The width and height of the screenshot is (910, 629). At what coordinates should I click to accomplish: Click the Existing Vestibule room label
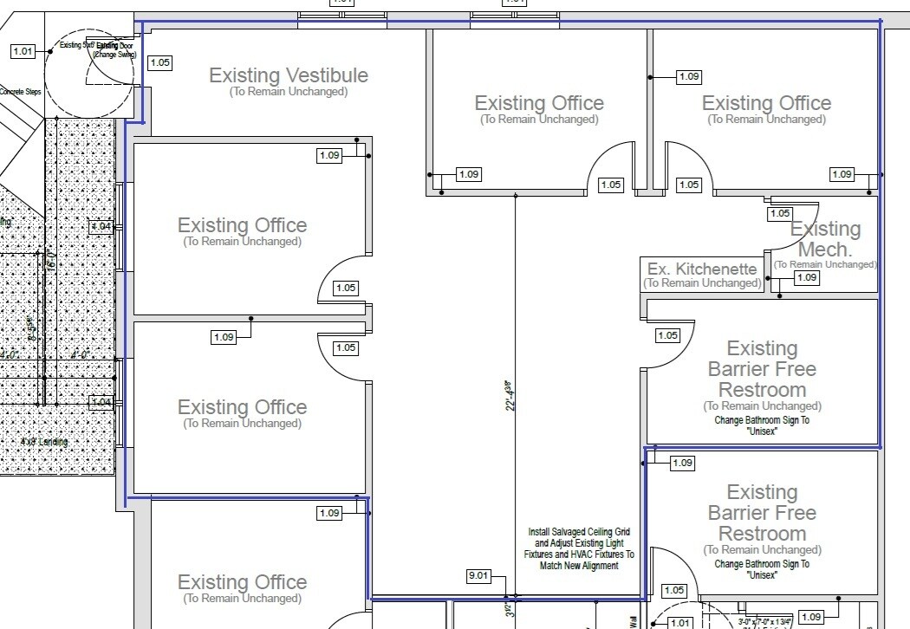tap(289, 75)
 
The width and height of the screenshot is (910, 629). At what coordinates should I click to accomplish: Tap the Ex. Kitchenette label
tap(702, 269)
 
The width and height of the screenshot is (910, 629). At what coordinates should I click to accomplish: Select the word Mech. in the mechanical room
tap(824, 250)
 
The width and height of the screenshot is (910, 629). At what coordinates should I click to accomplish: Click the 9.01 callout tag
tap(479, 575)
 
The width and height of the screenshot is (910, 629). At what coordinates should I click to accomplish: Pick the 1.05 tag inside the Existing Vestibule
tap(160, 62)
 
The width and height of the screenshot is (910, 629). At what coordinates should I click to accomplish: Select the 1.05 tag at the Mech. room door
tap(780, 213)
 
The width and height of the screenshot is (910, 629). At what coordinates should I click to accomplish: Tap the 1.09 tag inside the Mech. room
tap(807, 277)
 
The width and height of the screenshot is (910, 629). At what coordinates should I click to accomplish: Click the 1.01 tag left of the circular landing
tap(23, 51)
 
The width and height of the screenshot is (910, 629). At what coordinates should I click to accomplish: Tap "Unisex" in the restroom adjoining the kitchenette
tap(762, 431)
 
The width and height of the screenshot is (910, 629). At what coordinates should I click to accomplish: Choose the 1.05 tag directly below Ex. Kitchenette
tap(667, 335)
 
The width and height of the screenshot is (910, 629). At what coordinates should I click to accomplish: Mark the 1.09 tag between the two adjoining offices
tap(224, 337)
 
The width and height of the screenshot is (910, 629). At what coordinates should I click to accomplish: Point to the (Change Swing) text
tap(114, 55)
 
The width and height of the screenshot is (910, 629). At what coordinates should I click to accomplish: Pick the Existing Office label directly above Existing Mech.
tap(766, 103)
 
